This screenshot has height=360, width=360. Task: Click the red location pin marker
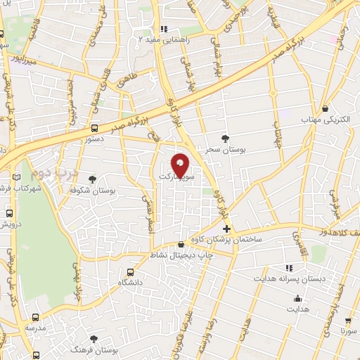tap(181, 165)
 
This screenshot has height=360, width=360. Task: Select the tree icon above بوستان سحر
tap(225, 139)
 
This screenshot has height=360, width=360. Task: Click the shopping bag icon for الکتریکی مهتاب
tap(325, 109)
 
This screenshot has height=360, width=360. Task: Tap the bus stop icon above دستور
tap(94, 128)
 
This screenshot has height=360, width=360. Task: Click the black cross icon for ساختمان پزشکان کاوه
tap(226, 229)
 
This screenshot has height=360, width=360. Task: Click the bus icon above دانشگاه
tap(129, 273)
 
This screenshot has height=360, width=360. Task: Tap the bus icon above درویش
tap(9, 212)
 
